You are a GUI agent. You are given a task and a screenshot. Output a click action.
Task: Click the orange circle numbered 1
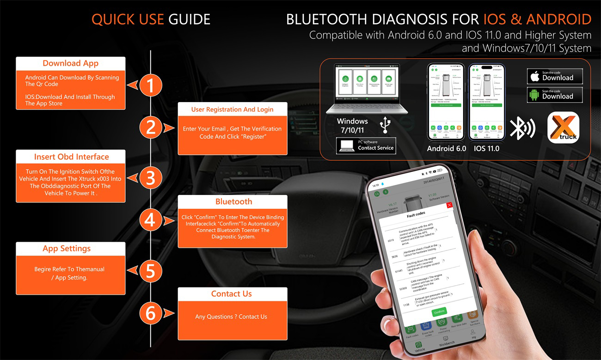[150, 85]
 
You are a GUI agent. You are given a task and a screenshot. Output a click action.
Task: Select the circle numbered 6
[150, 313]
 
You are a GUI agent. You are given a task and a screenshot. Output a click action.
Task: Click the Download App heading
[71, 63]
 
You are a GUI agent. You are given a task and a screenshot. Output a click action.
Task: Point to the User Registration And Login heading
[232, 110]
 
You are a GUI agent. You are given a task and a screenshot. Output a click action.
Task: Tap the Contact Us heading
[232, 294]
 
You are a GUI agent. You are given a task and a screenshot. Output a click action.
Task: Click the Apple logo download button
[555, 76]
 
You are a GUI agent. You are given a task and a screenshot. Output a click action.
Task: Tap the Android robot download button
[555, 95]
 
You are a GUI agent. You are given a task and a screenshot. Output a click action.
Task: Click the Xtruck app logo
[563, 128]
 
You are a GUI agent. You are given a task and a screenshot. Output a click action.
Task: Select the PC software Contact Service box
[366, 146]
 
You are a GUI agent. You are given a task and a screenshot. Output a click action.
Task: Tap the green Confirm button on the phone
[439, 312]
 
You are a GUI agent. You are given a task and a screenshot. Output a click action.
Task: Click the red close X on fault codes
[449, 205]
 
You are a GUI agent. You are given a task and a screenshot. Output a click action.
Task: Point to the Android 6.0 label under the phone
[446, 148]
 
